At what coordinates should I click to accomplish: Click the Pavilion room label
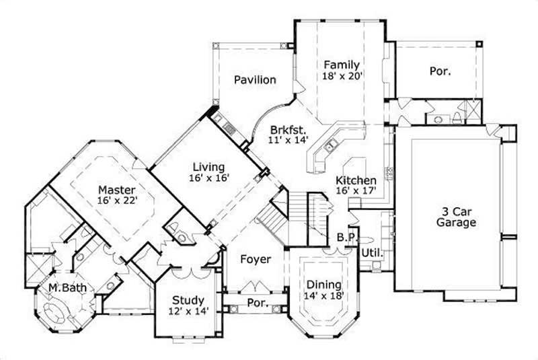coord(255,80)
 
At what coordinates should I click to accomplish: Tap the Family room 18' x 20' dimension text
coord(343,76)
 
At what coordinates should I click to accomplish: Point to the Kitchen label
coord(356,180)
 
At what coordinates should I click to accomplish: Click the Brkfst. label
coord(289,129)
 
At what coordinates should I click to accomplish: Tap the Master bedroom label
coord(116,189)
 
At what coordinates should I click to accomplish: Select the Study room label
coord(188,299)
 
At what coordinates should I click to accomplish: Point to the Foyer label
coord(256,259)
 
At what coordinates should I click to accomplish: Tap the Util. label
coord(372,253)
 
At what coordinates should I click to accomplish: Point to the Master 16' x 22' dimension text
coord(116,201)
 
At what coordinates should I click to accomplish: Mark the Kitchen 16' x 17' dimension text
coord(356,191)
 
